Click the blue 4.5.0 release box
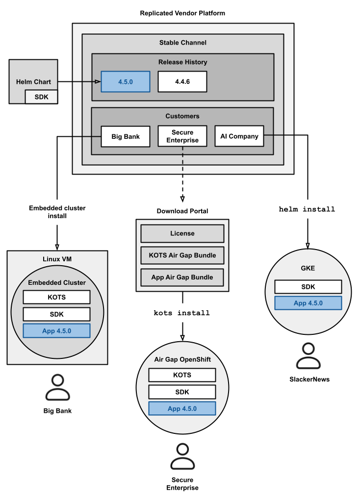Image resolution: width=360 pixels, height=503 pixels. (125, 82)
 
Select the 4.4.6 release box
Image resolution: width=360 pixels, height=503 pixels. (182, 82)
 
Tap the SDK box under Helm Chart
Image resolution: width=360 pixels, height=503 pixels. (41, 97)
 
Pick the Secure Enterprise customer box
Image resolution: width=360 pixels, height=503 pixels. (182, 136)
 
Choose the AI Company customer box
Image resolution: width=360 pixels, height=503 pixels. (239, 136)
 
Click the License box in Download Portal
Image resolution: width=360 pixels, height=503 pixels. (182, 233)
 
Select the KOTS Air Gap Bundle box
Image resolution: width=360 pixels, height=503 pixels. (182, 255)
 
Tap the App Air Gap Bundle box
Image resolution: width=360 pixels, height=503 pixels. (182, 277)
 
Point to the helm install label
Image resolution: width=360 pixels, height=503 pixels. (307, 209)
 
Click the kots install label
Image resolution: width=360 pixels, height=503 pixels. (182, 313)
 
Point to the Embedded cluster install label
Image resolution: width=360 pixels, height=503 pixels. (57, 212)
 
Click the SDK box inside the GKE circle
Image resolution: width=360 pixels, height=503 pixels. (308, 287)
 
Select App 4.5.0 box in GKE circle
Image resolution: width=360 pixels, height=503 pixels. (308, 303)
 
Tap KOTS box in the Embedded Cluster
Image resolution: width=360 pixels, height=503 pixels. (56, 297)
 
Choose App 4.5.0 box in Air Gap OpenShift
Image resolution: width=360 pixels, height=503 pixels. (182, 408)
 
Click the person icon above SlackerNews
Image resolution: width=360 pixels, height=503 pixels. (308, 356)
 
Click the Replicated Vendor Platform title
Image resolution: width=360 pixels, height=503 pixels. (182, 13)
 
